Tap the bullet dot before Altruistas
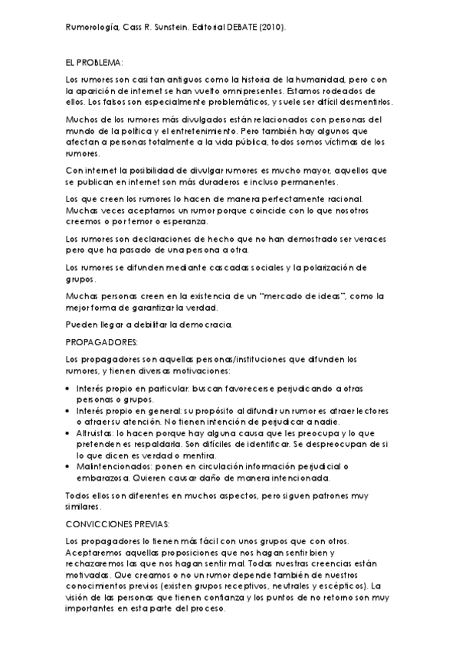click(x=70, y=432)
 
